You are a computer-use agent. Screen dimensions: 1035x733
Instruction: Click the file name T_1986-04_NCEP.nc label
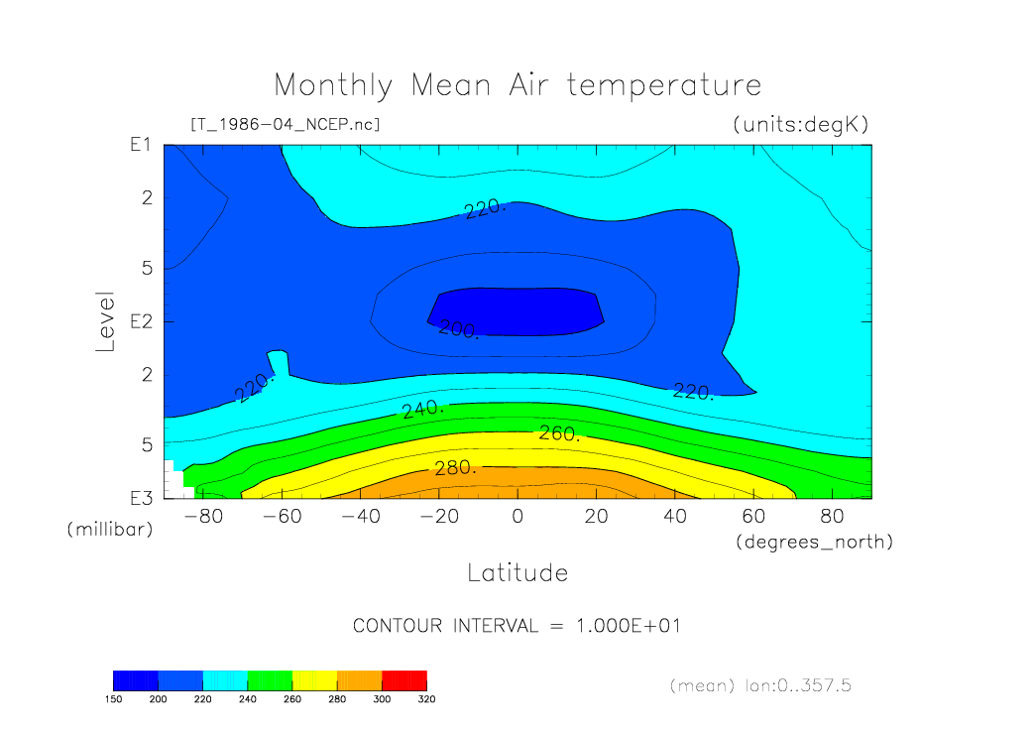[x=286, y=124]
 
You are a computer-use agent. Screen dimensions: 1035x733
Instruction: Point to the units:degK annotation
[x=801, y=124]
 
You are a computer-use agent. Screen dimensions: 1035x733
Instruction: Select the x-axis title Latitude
[x=517, y=572]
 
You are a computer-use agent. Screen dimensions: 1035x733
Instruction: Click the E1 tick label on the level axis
[x=141, y=144]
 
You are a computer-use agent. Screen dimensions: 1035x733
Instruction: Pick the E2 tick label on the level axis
[x=141, y=321]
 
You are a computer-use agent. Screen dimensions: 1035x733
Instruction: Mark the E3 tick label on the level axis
[x=141, y=498]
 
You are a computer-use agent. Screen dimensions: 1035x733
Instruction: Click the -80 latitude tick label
[x=203, y=516]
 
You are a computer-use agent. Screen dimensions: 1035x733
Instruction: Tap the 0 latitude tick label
[x=517, y=516]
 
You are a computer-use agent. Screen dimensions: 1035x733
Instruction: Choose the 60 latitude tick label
[x=753, y=516]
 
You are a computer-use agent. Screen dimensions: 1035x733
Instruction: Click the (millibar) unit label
[x=110, y=529]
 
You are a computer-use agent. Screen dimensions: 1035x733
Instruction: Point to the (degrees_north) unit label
[x=815, y=543]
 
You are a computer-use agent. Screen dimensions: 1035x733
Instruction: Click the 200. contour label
[x=458, y=328]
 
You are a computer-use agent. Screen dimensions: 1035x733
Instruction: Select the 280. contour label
[x=455, y=468]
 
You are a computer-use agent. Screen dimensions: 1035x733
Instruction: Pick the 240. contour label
[x=423, y=410]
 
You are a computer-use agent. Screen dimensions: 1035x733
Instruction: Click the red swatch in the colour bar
[x=404, y=680]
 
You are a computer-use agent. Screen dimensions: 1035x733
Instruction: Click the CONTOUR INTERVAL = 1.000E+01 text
[x=517, y=625]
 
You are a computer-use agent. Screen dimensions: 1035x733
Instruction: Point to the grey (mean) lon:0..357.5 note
[x=760, y=685]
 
